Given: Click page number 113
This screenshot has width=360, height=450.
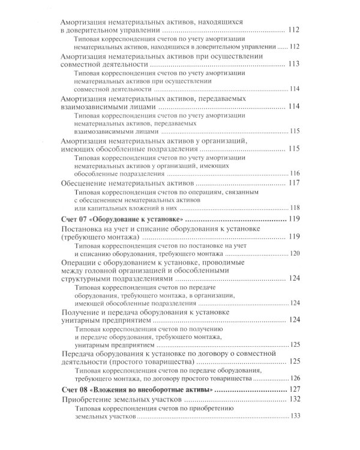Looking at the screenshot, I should click(294, 64).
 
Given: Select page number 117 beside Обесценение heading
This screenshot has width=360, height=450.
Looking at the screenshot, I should click(294, 183).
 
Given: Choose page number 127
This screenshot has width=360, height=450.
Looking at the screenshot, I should click(294, 390).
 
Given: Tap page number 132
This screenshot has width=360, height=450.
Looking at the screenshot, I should click(294, 400).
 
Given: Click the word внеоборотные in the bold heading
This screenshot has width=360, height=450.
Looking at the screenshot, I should click(164, 390).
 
